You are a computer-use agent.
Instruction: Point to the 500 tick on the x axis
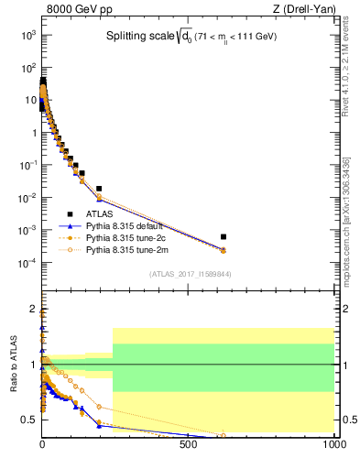(189, 444)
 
